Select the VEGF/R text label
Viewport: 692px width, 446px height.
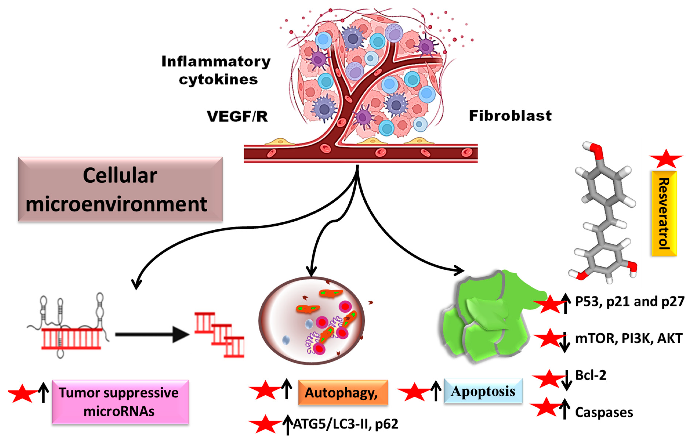(237, 116)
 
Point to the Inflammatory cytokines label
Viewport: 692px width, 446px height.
(216, 70)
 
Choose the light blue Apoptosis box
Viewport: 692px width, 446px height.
(483, 391)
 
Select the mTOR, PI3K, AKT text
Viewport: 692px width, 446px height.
(629, 338)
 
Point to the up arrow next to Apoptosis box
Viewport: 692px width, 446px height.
(435, 391)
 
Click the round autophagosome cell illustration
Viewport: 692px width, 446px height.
(311, 321)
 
